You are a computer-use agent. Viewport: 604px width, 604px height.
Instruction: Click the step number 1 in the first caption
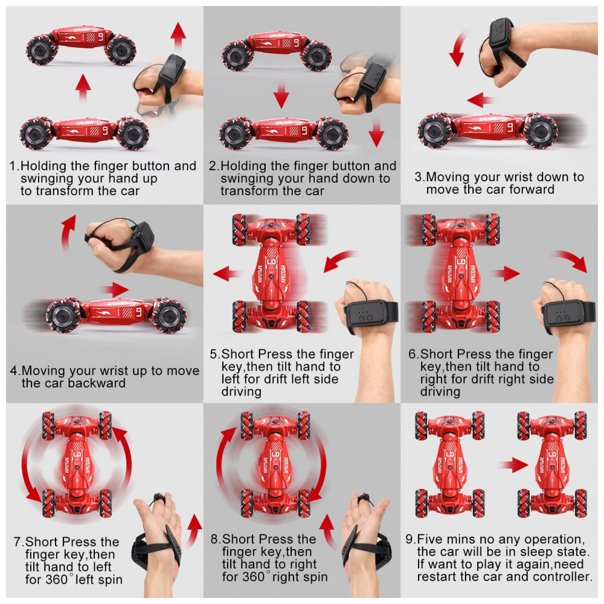(14, 166)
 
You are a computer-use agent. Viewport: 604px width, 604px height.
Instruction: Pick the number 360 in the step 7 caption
(57, 579)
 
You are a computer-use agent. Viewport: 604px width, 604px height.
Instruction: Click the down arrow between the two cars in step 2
(281, 95)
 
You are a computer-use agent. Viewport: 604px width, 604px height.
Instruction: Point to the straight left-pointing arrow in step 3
(480, 100)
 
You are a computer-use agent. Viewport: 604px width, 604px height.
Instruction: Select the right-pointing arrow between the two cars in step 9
(514, 464)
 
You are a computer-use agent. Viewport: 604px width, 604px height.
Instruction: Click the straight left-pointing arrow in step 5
(227, 274)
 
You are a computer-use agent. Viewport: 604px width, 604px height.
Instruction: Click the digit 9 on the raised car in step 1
(100, 37)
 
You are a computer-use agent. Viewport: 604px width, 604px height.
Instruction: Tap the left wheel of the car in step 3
(435, 130)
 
